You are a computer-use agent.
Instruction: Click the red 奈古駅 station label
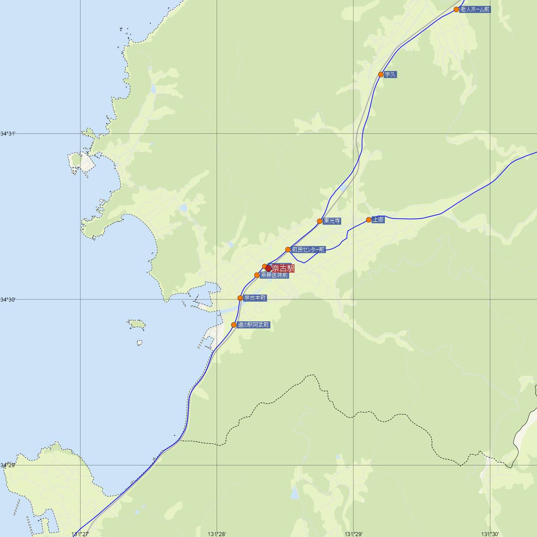[x=283, y=268]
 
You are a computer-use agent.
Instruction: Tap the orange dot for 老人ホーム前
[x=456, y=9]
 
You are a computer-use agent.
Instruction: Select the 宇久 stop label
[x=391, y=75]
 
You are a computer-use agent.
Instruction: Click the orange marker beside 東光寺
[x=320, y=221]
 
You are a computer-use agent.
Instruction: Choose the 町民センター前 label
[x=308, y=250]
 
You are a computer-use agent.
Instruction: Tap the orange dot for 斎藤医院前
[x=257, y=275]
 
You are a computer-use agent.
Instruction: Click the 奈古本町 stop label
[x=255, y=298]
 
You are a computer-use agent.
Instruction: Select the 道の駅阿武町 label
[x=254, y=325]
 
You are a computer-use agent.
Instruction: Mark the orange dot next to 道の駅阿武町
[x=234, y=325]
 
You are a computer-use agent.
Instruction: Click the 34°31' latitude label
[x=8, y=133]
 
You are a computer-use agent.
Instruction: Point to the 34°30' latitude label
[x=8, y=299]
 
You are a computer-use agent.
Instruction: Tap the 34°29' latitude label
[x=8, y=465]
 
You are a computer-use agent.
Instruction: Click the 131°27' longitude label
[x=80, y=533]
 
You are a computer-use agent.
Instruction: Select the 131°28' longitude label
[x=217, y=533]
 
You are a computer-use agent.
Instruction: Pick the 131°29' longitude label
[x=354, y=533]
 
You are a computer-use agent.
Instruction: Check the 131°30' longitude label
[x=490, y=533]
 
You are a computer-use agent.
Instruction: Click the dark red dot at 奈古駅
[x=268, y=268]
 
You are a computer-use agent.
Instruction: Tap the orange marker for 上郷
[x=369, y=220]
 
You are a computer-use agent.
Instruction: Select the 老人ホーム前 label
[x=475, y=9]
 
